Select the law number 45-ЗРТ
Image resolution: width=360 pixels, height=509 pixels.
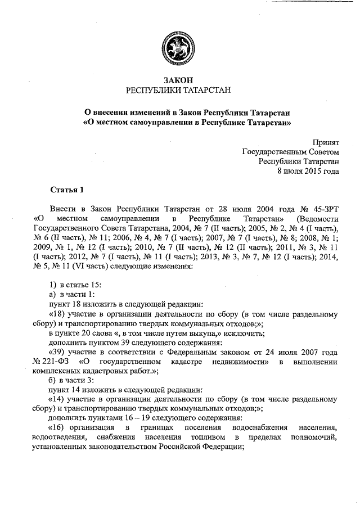pos(325,208)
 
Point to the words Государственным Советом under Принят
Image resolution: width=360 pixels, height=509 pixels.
pos(290,151)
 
